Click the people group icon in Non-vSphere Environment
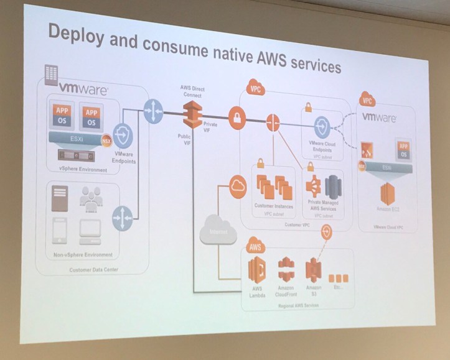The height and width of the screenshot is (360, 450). tap(92, 198)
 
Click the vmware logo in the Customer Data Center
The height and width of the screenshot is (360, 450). tap(83, 90)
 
